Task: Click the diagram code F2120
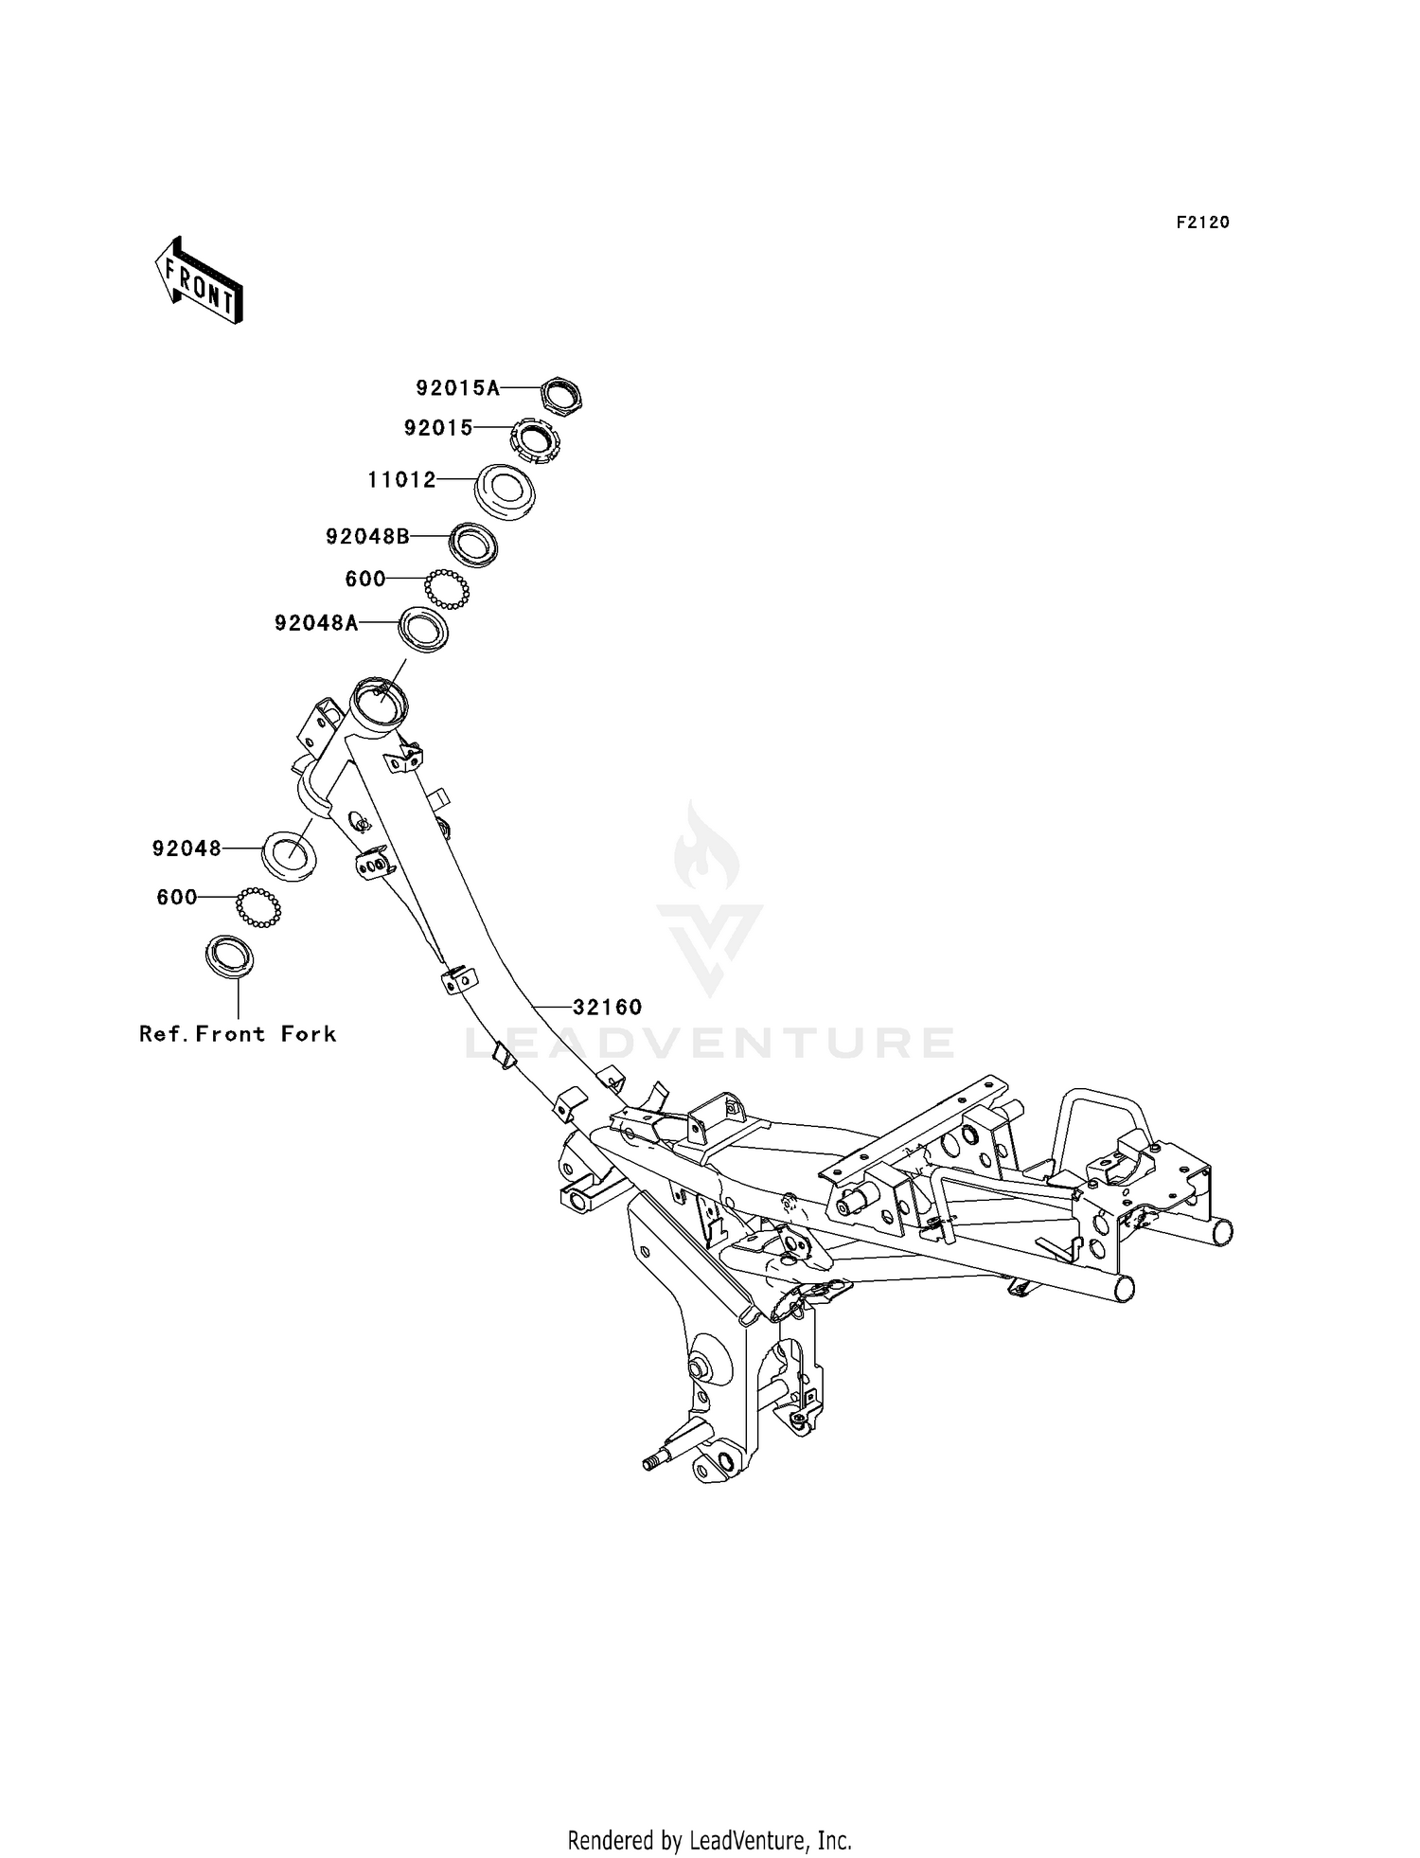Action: pos(1202,223)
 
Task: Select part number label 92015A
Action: pos(458,387)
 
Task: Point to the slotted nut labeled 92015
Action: pos(535,440)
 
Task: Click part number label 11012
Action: pos(402,480)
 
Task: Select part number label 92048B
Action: pos(368,537)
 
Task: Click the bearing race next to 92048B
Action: pos(473,545)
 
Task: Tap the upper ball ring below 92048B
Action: pos(447,589)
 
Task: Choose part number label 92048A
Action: pos(317,623)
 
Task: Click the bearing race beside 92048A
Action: pos(422,630)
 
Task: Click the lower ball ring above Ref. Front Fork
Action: pos(258,907)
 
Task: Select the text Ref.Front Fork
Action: pos(238,1033)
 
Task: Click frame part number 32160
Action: pos(608,1008)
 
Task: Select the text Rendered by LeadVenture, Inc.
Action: pos(710,1840)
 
